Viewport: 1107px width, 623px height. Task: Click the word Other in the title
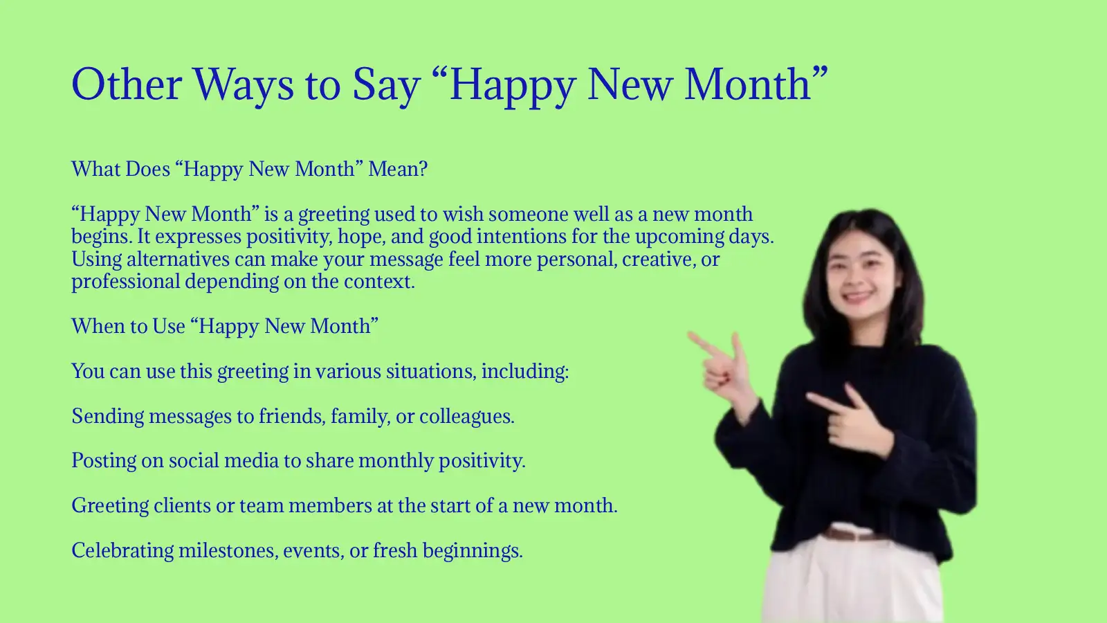tap(127, 84)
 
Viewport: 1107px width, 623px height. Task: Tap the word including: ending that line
tap(525, 372)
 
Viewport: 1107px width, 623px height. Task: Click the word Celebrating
tap(122, 551)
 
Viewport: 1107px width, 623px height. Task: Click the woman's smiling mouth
tap(858, 297)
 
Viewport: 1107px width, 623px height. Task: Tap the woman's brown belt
tap(852, 534)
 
